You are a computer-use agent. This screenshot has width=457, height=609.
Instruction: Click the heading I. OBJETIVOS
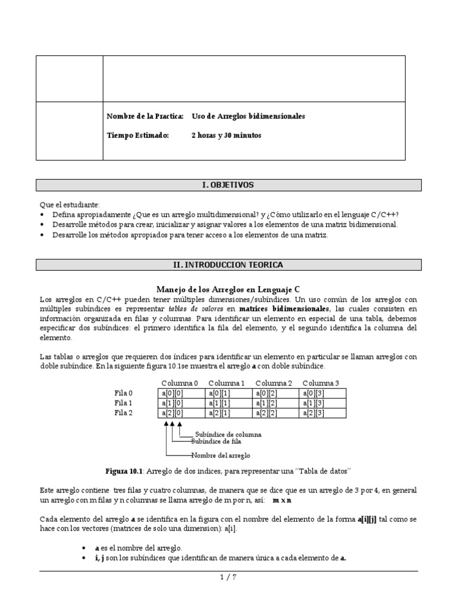pos(228,185)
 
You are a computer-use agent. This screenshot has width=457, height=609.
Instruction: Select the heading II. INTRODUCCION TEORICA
pos(228,265)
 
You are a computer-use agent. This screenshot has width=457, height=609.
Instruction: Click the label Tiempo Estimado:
pos(137,136)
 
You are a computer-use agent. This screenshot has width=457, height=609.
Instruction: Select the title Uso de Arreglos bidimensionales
pos(248,117)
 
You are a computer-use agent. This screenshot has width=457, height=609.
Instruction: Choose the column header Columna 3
pos(321,382)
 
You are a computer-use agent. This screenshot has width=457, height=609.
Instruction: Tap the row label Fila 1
pos(124,403)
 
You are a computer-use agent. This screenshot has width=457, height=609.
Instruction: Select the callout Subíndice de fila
pos(216,442)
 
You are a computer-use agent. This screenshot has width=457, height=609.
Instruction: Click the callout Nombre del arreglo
pos(220,456)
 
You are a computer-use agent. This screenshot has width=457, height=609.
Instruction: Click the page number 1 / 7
pos(228,576)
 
